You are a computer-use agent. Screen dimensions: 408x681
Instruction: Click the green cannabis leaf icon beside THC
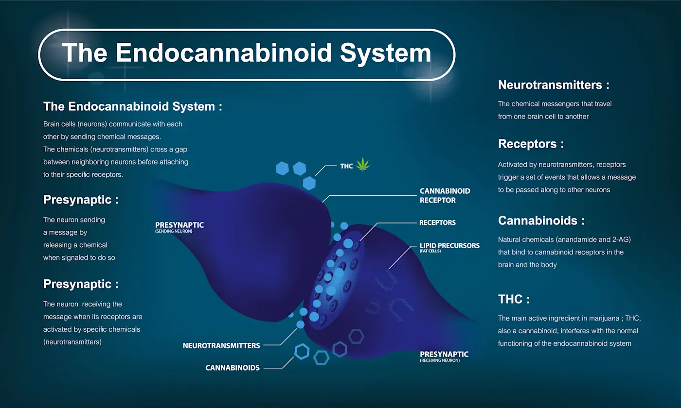362,165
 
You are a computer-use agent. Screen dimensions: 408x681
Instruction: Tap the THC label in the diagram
346,166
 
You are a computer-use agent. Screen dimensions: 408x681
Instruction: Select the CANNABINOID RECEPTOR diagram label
445,195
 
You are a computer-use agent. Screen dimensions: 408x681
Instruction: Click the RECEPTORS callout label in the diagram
437,222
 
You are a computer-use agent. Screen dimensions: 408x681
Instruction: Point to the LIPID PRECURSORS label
449,246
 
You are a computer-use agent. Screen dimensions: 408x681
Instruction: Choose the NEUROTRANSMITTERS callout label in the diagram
221,346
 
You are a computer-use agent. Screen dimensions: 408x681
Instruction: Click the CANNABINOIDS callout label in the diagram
233,368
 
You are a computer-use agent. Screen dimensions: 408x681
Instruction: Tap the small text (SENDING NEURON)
174,231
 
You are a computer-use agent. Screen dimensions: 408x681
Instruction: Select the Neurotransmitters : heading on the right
554,85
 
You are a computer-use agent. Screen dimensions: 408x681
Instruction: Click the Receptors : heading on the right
531,144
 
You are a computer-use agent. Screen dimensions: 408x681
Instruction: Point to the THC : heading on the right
514,299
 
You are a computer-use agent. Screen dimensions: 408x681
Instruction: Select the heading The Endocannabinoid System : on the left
132,106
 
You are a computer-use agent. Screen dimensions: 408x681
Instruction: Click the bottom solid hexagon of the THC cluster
309,183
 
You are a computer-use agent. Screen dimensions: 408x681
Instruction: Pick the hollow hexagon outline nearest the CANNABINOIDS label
302,351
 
